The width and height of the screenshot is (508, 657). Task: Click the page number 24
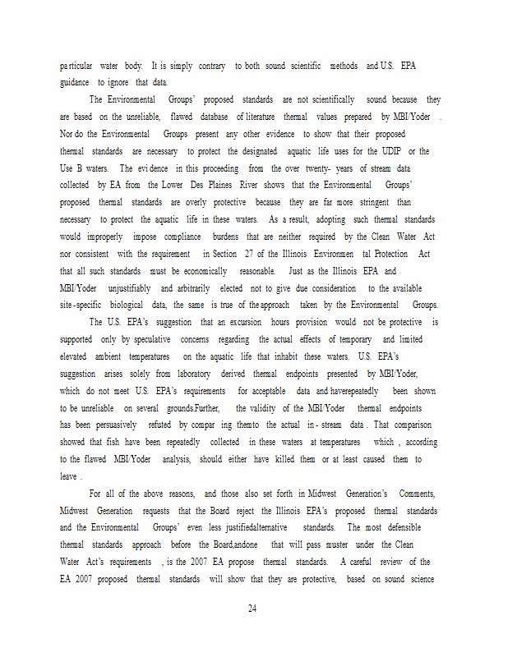(253, 609)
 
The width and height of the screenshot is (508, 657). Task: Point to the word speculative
(156, 339)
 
